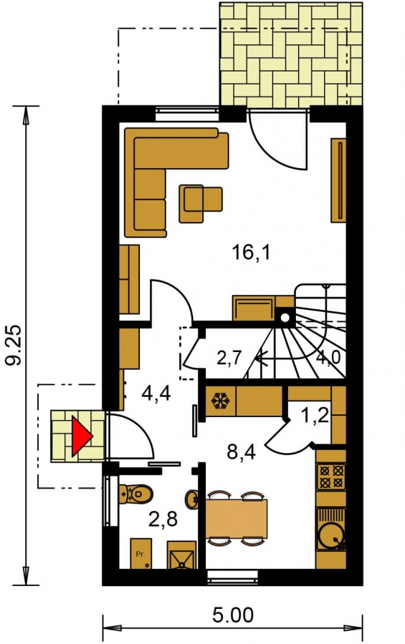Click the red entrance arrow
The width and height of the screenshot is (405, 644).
[x=81, y=436]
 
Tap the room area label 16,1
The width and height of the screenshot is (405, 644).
[x=251, y=252]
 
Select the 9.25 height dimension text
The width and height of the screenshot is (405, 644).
[x=14, y=345]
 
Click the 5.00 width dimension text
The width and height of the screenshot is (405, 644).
[x=233, y=615]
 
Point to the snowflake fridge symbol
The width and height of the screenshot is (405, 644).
[x=221, y=401]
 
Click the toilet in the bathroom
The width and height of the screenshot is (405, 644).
[x=135, y=494]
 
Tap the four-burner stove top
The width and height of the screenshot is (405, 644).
[x=331, y=476]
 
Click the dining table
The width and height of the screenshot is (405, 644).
[x=237, y=519]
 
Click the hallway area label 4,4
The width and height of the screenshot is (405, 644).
[x=156, y=393]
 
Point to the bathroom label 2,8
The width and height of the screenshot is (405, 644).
[x=163, y=519]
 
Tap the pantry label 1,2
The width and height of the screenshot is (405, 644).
[x=315, y=416]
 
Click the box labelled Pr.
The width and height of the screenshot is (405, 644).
[x=140, y=554]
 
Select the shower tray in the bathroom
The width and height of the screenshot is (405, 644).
[x=181, y=555]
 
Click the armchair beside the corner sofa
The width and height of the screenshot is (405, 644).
[x=200, y=204]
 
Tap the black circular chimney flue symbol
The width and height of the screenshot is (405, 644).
[x=285, y=317]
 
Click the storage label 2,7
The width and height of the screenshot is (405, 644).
[x=229, y=358]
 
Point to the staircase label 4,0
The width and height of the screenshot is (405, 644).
[x=328, y=358]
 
